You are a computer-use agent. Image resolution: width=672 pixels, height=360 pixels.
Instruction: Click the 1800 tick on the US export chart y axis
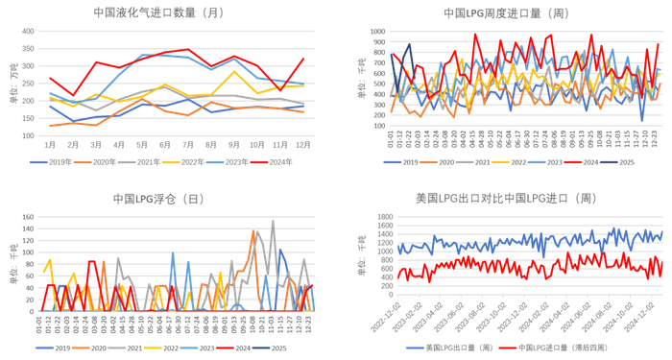376,218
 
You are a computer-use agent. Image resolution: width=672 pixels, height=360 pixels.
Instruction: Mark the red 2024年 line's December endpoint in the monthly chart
303,59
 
